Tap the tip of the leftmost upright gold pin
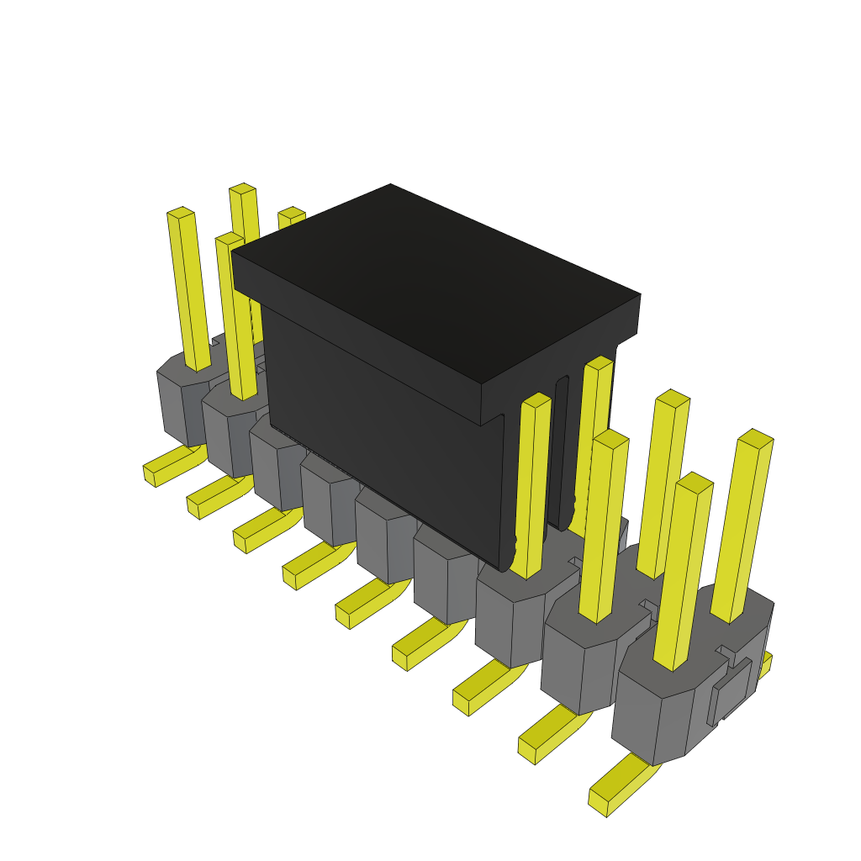(180, 213)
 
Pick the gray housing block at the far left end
(181, 404)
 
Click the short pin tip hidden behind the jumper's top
(292, 216)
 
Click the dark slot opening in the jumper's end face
(562, 454)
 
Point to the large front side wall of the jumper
(378, 420)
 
